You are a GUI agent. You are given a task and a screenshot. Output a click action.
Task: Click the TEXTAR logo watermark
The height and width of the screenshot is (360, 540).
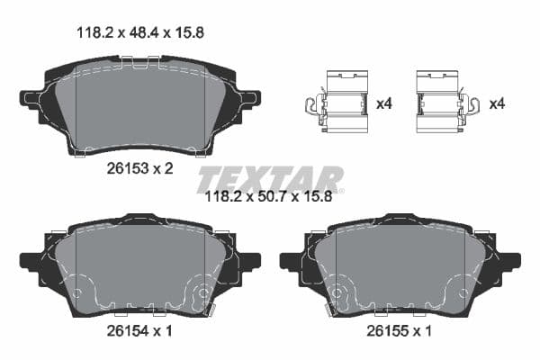coord(270,177)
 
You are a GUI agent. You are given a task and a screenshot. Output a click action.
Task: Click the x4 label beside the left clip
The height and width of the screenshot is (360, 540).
coord(384,103)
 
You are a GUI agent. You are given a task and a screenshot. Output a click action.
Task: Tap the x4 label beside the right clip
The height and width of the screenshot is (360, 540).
coord(496,103)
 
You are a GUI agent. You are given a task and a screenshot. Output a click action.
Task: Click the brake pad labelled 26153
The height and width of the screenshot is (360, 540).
coord(139,103)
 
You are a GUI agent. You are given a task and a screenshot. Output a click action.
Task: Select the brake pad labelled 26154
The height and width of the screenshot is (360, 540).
coord(139,265)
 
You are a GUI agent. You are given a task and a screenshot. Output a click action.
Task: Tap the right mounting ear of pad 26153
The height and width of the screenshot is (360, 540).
coord(249,97)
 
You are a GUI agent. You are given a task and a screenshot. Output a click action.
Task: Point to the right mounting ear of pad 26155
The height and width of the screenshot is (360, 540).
coord(510,261)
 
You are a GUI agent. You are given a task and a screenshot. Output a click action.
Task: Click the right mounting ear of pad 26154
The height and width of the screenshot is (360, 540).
coord(250,261)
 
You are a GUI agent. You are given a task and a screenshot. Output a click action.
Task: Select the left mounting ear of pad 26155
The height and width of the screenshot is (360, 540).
coord(290,261)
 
